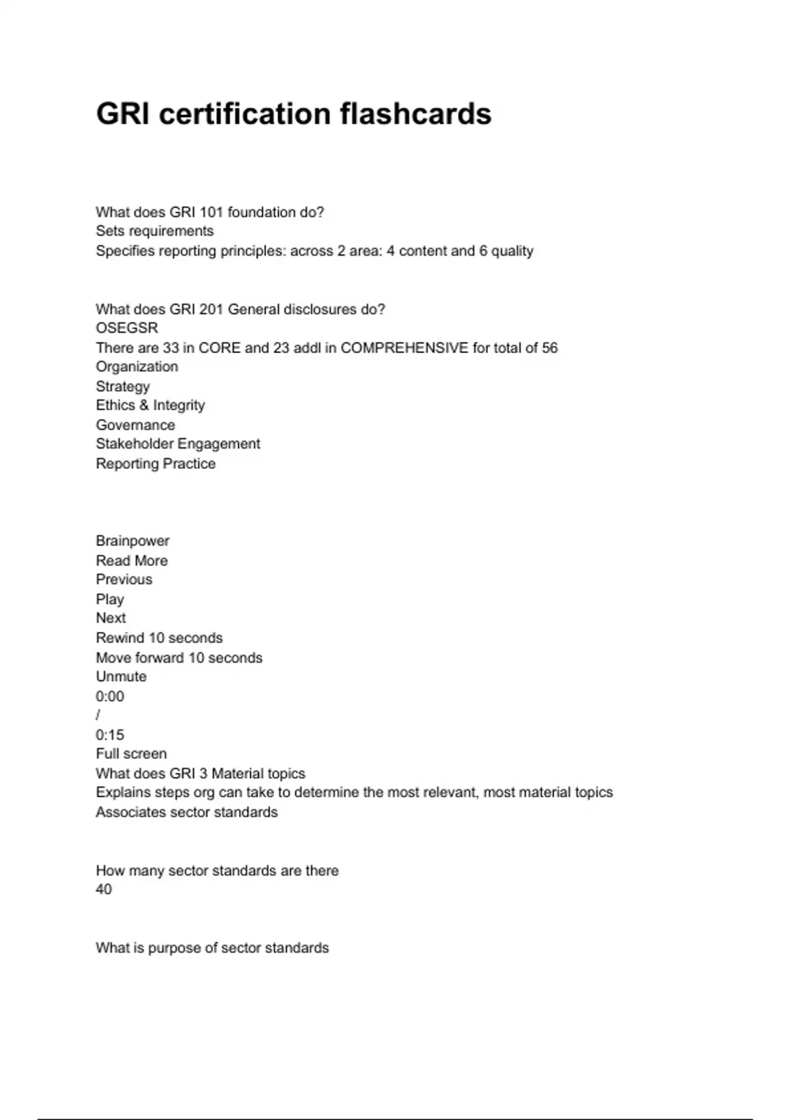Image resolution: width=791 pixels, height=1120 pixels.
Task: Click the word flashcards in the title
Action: [415, 114]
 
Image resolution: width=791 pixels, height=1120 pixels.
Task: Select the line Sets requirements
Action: [154, 231]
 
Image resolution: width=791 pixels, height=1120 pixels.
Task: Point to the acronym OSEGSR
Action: [127, 328]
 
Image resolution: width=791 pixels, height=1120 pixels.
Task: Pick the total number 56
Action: [550, 348]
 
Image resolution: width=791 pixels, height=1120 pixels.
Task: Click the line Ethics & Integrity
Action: [150, 405]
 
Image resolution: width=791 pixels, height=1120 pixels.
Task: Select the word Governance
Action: [135, 425]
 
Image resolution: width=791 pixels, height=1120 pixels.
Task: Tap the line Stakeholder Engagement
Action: [178, 444]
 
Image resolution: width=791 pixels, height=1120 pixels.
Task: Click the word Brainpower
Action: [132, 541]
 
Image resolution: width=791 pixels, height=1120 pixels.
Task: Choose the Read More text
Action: [132, 561]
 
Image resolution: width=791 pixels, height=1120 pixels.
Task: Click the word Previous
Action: [124, 580]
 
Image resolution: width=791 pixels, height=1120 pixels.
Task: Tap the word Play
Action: [109, 600]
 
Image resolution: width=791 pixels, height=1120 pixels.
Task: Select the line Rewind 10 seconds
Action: [159, 638]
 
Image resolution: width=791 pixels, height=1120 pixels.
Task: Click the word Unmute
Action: [121, 677]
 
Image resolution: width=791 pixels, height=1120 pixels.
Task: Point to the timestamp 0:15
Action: [109, 735]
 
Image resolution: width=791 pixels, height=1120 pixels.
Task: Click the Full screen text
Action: [131, 754]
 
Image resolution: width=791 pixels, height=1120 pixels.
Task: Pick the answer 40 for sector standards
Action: [103, 889]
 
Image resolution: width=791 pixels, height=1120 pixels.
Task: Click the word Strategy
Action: [123, 386]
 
